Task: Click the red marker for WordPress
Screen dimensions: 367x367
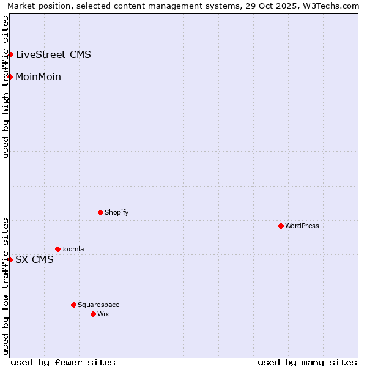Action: [x=281, y=226]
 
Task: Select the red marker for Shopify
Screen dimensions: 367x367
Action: [x=100, y=212]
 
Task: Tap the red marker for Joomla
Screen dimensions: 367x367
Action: [x=57, y=249]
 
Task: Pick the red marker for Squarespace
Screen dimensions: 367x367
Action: [x=73, y=305]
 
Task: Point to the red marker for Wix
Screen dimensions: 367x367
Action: [x=93, y=314]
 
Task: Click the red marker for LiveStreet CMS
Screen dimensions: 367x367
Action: [x=10, y=54]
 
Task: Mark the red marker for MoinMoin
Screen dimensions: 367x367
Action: [x=10, y=76]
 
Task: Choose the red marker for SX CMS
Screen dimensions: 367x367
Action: [x=10, y=259]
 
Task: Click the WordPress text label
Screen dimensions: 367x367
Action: [x=302, y=226]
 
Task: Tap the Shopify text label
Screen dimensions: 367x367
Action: [x=116, y=212]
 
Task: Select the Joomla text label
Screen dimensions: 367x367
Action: [x=73, y=249]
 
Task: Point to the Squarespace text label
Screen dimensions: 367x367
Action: [x=98, y=305]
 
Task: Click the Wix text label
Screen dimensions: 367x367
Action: [x=103, y=314]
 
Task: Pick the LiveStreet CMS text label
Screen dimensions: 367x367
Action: [x=53, y=54]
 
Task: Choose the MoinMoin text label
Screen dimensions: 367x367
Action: [x=38, y=76]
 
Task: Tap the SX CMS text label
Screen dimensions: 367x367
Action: [x=34, y=259]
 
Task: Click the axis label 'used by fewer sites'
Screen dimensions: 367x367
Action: [x=63, y=362]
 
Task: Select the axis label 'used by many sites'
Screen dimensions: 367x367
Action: [x=307, y=362]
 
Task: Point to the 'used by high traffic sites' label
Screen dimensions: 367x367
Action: [x=6, y=87]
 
